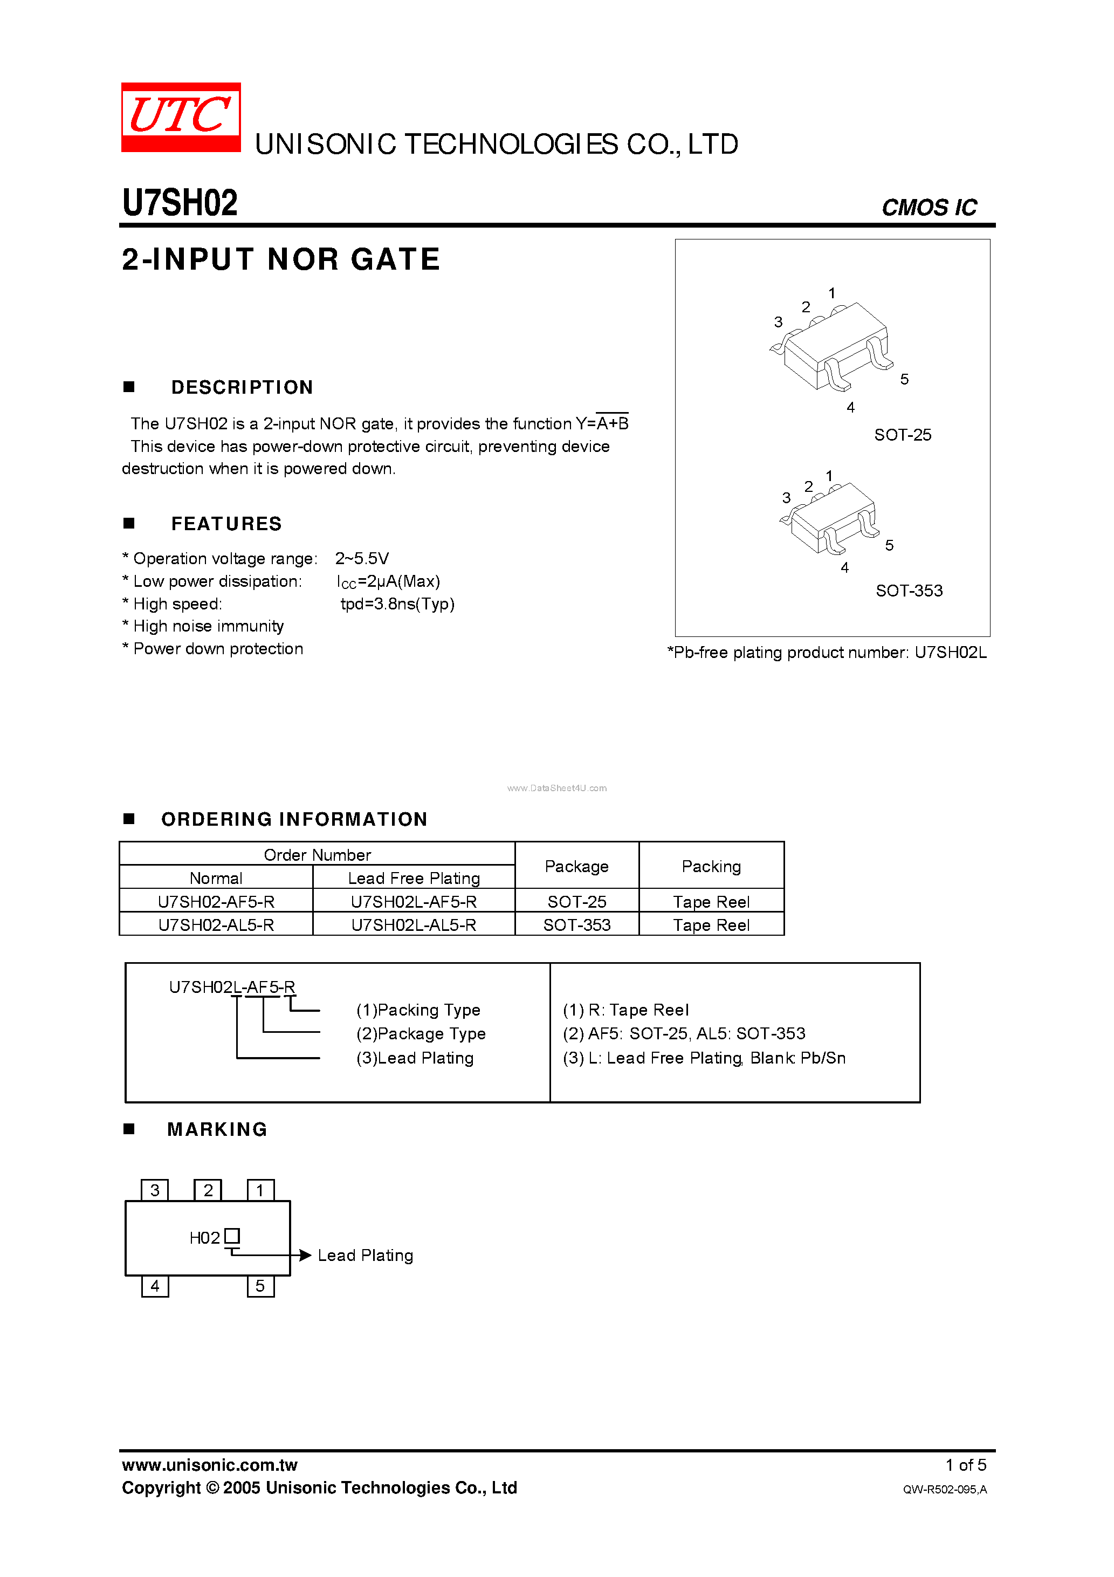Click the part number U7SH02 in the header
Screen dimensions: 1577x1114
coord(180,203)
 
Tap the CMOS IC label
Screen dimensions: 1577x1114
coord(929,208)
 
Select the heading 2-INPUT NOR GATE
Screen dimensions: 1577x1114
coord(281,259)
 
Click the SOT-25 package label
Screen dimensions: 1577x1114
coord(903,435)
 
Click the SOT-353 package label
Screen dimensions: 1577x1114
coord(909,591)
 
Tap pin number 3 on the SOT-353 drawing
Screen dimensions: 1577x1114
coord(786,498)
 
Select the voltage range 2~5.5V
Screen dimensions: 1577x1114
coord(362,558)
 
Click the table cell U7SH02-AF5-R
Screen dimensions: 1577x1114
coord(216,902)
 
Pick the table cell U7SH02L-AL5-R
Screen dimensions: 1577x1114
coord(414,925)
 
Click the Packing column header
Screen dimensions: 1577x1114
coord(711,866)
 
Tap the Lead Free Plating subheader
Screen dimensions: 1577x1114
coord(414,879)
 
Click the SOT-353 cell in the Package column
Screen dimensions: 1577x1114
coord(577,925)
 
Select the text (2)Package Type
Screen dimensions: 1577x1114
coord(421,1034)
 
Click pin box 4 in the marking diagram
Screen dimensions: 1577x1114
coord(155,1286)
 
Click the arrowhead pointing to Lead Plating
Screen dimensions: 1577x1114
coord(305,1255)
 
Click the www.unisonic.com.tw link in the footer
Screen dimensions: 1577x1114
coord(209,1465)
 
